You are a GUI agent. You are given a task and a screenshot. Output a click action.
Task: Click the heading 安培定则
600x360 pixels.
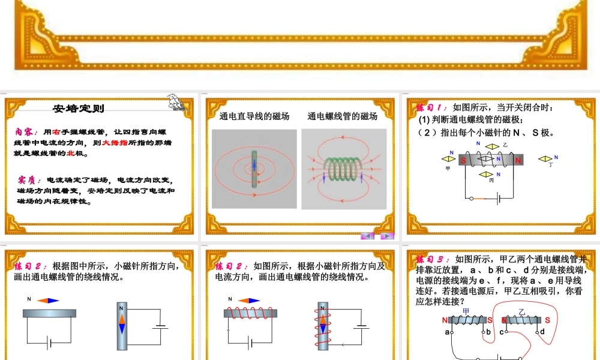click(x=79, y=109)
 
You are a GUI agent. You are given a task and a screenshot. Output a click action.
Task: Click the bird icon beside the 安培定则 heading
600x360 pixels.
click(x=175, y=102)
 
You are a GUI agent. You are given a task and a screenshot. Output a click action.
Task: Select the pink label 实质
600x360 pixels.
click(x=28, y=179)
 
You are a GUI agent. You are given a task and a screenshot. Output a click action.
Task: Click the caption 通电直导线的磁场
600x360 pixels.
click(x=254, y=116)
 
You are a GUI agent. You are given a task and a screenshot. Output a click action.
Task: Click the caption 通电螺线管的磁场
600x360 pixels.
click(x=343, y=116)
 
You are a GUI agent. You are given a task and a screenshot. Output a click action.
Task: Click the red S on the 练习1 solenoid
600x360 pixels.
click(x=464, y=160)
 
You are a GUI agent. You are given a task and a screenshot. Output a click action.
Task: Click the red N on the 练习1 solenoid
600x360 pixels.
click(x=518, y=160)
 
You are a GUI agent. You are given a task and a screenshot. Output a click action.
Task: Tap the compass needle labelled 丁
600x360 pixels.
click(x=545, y=159)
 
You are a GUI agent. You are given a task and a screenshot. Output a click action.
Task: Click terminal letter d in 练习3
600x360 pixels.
click(x=542, y=332)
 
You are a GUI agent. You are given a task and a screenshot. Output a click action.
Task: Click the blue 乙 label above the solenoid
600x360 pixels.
click(x=521, y=312)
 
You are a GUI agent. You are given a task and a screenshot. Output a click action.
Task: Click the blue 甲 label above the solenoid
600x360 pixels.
click(x=466, y=311)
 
